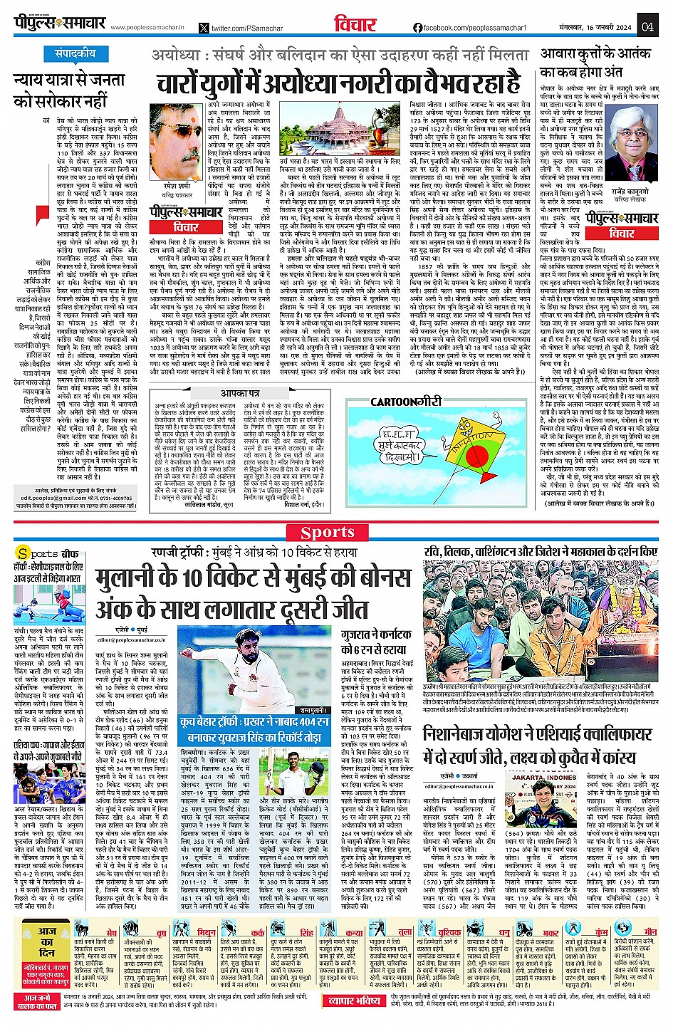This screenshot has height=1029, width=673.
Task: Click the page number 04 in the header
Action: (647, 27)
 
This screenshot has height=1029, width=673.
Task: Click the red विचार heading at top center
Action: (355, 25)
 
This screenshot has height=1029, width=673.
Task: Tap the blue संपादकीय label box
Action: (75, 53)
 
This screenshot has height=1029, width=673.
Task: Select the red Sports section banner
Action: (328, 532)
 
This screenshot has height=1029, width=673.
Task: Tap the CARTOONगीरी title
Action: (406, 402)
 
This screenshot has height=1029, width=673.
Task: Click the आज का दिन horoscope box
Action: (47, 942)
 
